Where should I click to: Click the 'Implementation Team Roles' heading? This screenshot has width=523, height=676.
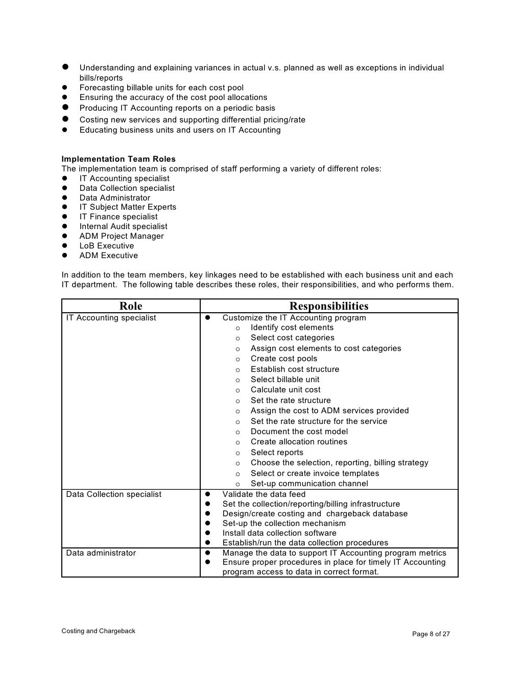pyautogui.click(x=118, y=159)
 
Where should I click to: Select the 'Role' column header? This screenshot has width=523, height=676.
pyautogui.click(x=131, y=306)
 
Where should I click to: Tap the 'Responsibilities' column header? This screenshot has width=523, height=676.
pyautogui.click(x=328, y=306)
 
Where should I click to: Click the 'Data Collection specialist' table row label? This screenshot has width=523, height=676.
pyautogui.click(x=113, y=494)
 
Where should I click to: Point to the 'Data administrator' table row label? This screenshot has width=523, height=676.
pyautogui.click(x=101, y=553)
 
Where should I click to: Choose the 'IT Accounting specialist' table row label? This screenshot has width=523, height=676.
pyautogui.click(x=111, y=318)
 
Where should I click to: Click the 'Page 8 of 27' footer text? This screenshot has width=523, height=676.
pyautogui.click(x=431, y=634)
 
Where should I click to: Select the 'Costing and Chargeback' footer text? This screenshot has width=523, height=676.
pyautogui.click(x=98, y=631)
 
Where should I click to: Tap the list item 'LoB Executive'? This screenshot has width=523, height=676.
pyautogui.click(x=106, y=246)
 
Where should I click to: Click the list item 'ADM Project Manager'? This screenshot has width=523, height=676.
pyautogui.click(x=122, y=236)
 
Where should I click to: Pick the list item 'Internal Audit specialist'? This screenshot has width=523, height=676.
pyautogui.click(x=123, y=227)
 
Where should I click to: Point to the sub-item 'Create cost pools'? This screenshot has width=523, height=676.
pyautogui.click(x=283, y=359)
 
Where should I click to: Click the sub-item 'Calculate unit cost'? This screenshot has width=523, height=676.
pyautogui.click(x=286, y=390)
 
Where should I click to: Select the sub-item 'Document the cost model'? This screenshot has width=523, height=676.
pyautogui.click(x=299, y=432)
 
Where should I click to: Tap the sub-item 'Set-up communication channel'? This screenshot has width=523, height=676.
pyautogui.click(x=309, y=484)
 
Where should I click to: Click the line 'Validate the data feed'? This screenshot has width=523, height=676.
pyautogui.click(x=264, y=494)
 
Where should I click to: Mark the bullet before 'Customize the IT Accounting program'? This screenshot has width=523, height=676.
pyautogui.click(x=208, y=318)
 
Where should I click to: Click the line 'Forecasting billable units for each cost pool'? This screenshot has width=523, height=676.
pyautogui.click(x=161, y=88)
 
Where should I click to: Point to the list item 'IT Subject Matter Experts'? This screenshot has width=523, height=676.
pyautogui.click(x=128, y=207)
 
